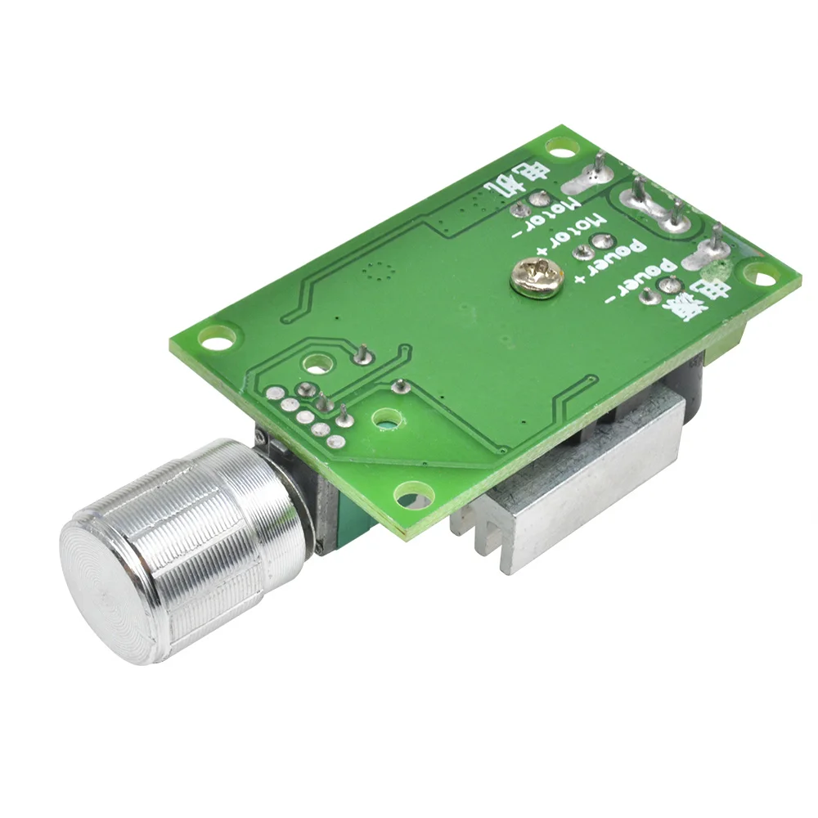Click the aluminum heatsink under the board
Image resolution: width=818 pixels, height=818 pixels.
coord(573,491)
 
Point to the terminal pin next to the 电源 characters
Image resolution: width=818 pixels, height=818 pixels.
coord(717,242)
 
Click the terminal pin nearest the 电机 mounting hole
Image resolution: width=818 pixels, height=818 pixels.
coord(600,168)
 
